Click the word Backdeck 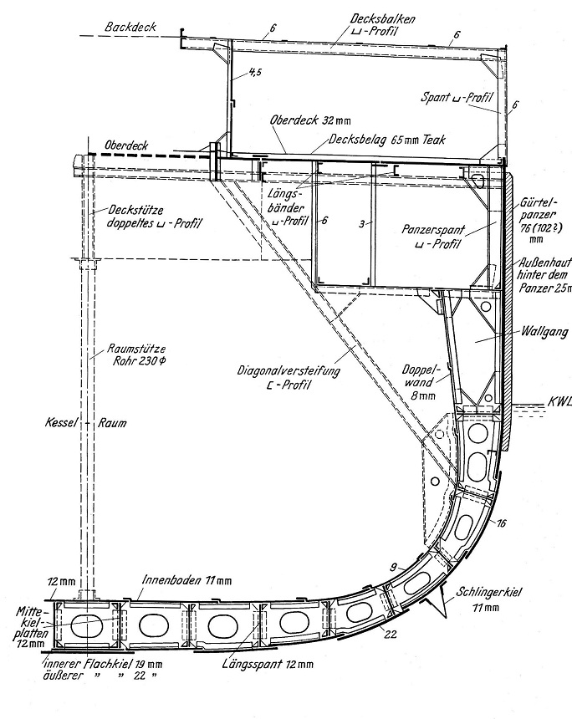tap(132, 28)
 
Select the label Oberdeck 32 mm tap(299, 120)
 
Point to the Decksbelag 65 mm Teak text tap(381, 140)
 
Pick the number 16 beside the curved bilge tap(500, 524)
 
